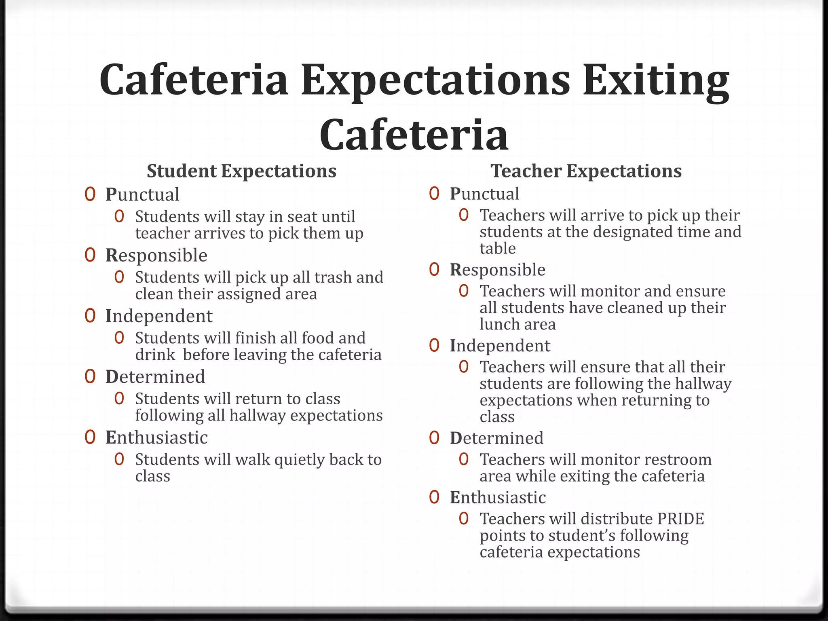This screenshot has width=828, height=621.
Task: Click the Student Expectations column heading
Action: click(x=241, y=171)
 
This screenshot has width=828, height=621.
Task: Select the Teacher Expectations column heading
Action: click(x=586, y=171)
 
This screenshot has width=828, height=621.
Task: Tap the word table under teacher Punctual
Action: click(x=497, y=248)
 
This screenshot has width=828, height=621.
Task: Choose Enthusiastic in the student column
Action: click(x=156, y=437)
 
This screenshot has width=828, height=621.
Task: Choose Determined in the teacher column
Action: click(x=496, y=438)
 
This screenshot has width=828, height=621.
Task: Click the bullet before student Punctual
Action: click(x=90, y=194)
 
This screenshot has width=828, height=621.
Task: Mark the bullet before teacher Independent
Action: click(x=434, y=346)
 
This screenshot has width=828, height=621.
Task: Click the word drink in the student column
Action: click(x=155, y=355)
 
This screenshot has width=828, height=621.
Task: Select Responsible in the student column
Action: click(x=156, y=256)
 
